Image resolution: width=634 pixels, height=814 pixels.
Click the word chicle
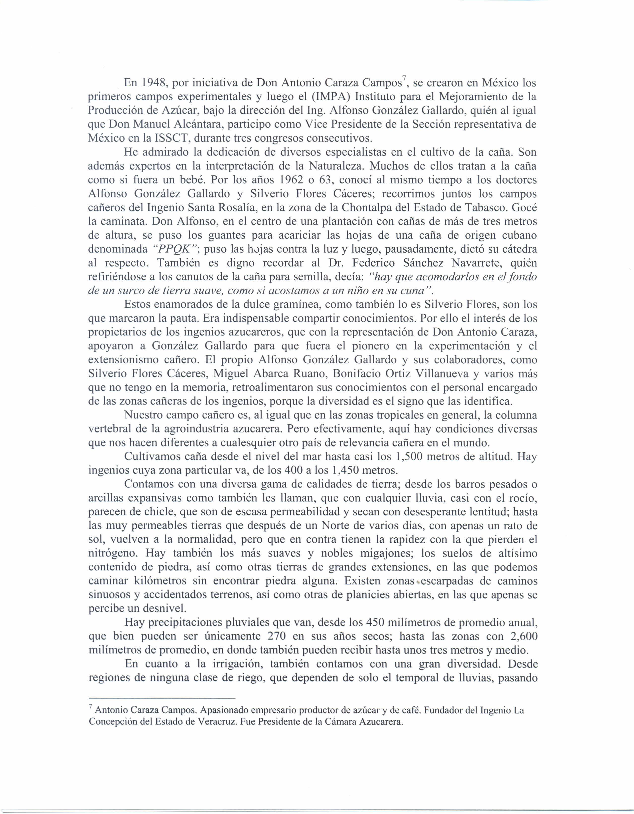[x=159, y=512]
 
